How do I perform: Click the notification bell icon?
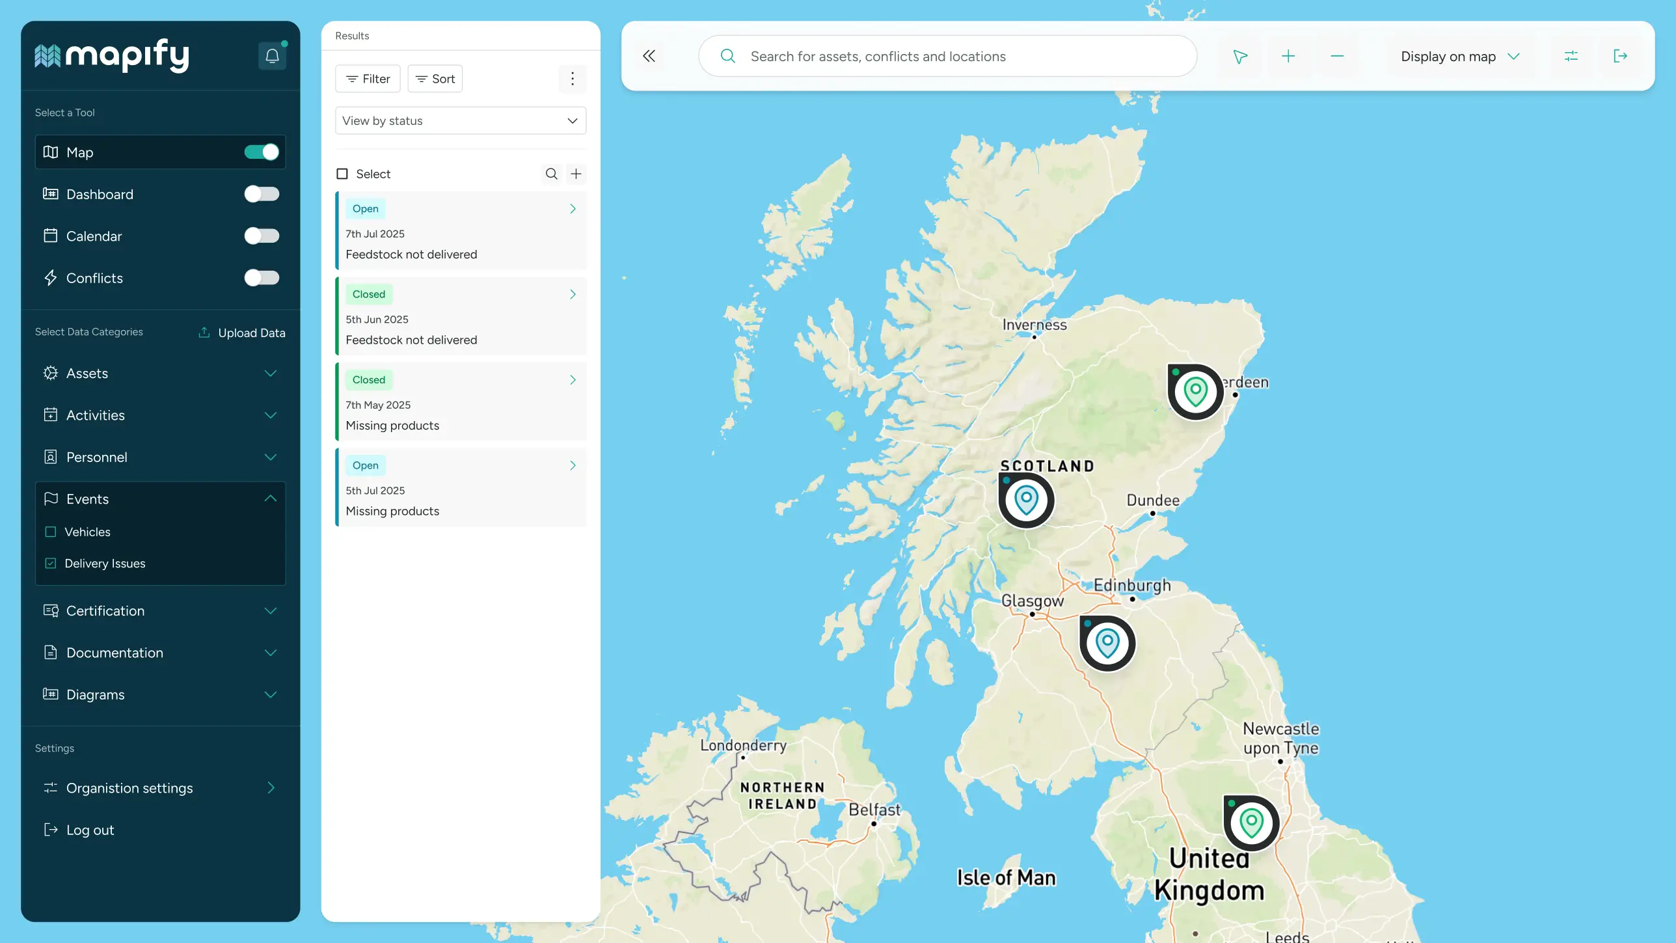pos(272,56)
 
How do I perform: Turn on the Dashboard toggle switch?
pos(262,194)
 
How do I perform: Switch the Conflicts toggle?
pos(262,278)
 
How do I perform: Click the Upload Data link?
pos(242,333)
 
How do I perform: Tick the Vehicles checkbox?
pos(51,532)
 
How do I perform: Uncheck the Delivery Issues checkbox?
pos(51,564)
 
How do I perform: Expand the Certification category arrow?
pos(271,610)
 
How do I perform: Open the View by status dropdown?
pos(460,120)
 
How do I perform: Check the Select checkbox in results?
pos(342,174)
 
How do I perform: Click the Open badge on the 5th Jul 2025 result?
pos(365,465)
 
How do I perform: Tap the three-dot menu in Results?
pos(572,79)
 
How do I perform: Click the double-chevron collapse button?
pos(649,56)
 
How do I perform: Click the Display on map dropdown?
pos(1459,57)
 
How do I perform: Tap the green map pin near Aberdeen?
pos(1195,392)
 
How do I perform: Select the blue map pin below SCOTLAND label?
pos(1026,500)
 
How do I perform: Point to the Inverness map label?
pos(1034,325)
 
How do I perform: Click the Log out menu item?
pos(90,830)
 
